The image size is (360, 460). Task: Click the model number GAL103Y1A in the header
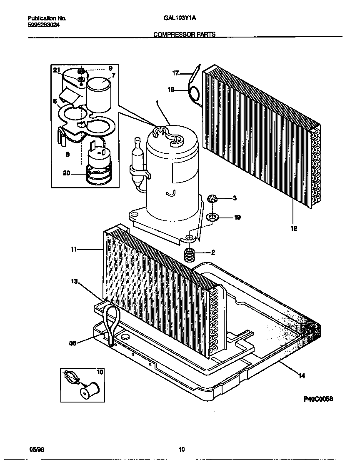[178, 18]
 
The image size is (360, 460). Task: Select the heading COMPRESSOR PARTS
[185, 35]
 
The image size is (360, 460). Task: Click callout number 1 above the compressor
[157, 102]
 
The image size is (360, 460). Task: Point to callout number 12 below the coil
[294, 228]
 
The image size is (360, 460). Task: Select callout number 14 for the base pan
[302, 376]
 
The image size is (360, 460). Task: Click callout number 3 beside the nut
[235, 198]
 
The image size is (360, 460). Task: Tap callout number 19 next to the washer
[237, 217]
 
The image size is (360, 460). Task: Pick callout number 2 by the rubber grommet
[213, 252]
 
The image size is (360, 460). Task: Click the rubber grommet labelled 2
[190, 255]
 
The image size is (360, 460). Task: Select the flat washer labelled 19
[213, 217]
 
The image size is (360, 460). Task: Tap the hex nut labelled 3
[212, 198]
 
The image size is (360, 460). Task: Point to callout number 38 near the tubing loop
[73, 343]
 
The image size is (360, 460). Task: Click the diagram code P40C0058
[318, 399]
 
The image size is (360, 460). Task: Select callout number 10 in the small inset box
[99, 371]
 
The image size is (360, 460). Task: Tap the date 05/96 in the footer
[36, 450]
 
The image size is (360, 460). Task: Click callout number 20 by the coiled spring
[66, 173]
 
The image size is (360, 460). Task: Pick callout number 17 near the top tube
[176, 73]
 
